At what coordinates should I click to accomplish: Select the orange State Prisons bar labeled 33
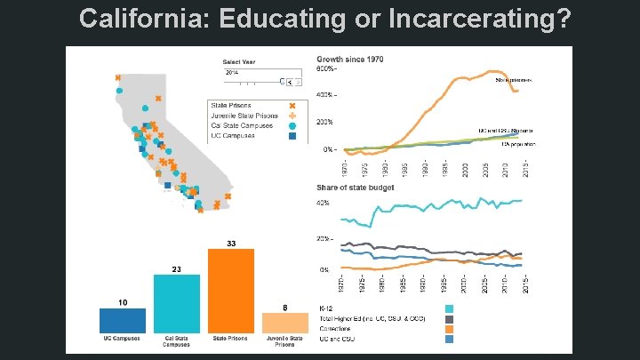[231, 292]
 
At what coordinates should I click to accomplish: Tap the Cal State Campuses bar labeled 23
[177, 304]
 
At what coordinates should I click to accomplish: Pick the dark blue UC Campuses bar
[122, 320]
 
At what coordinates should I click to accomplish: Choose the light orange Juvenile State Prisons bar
[284, 323]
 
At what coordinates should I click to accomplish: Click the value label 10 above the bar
[122, 302]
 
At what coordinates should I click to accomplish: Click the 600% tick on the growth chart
[325, 68]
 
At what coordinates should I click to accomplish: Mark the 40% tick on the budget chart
[324, 204]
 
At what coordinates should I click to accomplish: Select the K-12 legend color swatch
[450, 308]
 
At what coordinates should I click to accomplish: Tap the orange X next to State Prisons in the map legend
[292, 105]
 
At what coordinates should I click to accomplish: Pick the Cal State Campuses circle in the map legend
[292, 125]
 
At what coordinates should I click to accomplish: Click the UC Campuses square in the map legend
[292, 136]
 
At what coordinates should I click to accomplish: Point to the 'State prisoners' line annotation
[513, 79]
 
